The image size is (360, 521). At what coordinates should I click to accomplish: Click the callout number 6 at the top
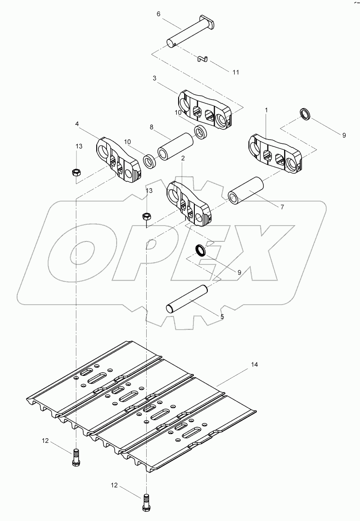(158, 14)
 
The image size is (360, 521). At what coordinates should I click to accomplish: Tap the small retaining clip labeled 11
(202, 59)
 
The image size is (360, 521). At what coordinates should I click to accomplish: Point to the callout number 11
(236, 72)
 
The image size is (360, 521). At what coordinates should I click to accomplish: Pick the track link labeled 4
(118, 159)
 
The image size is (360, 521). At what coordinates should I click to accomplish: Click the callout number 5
(222, 317)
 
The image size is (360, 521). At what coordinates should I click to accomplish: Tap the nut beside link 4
(75, 172)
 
